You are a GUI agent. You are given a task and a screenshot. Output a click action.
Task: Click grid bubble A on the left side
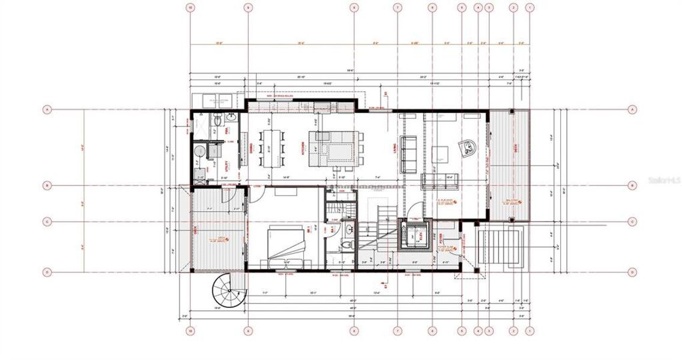tap(47, 109)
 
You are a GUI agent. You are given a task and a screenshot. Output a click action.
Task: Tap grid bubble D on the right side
tap(632, 272)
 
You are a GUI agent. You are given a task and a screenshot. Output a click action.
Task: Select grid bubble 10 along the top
tap(190, 8)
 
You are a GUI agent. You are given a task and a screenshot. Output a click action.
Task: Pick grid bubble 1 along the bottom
tap(530, 330)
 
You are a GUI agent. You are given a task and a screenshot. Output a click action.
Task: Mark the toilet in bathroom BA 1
tap(346, 245)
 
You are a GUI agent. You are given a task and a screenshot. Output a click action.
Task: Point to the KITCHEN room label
tap(303, 148)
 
